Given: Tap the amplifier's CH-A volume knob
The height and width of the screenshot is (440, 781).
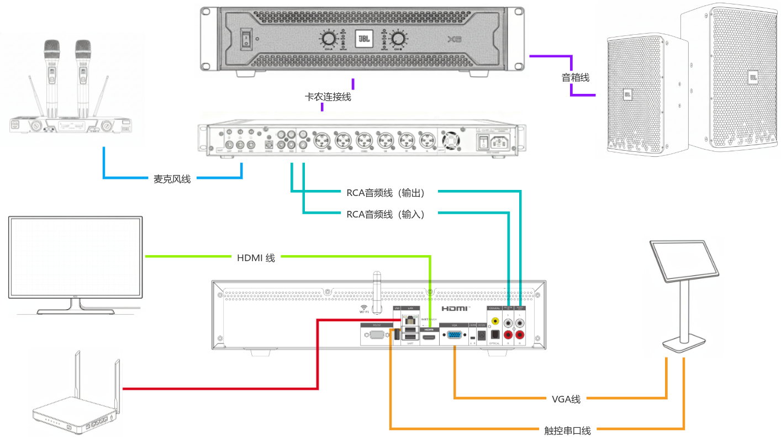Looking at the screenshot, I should point(328,39).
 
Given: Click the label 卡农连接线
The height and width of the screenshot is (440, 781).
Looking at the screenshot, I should point(328,97).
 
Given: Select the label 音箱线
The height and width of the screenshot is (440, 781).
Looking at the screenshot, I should point(576,78).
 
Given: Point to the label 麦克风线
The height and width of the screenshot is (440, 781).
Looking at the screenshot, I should point(172,179).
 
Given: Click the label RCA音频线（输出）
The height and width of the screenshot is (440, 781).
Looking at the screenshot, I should point(385,193).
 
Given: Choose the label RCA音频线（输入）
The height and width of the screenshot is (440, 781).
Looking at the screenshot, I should point(385,214).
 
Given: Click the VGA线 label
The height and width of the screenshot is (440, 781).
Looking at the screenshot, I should point(566,399).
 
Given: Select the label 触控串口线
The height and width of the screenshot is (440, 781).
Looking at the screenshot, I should point(566,430).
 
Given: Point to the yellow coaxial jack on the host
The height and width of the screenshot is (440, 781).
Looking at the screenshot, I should point(493,320).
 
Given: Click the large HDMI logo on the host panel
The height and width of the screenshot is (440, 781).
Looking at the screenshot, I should point(455,310).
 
